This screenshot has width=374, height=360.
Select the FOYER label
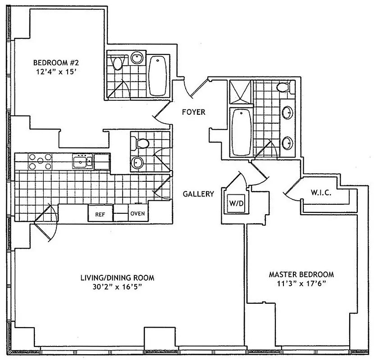pos(194,112)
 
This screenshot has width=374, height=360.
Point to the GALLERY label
pos(198,194)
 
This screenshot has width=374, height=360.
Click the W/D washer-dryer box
pos(236,202)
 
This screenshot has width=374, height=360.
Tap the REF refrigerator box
pos(100,214)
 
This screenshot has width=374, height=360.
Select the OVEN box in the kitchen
pos(137,213)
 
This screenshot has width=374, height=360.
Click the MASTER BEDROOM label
pos(301,274)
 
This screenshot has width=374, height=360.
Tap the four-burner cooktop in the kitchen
pos(41,161)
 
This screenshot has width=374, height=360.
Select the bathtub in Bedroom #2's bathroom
pos(158,76)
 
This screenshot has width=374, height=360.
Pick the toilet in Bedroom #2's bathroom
pos(118,62)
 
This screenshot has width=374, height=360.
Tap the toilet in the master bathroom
pos(284,87)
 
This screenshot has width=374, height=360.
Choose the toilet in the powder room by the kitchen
pos(141,144)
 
